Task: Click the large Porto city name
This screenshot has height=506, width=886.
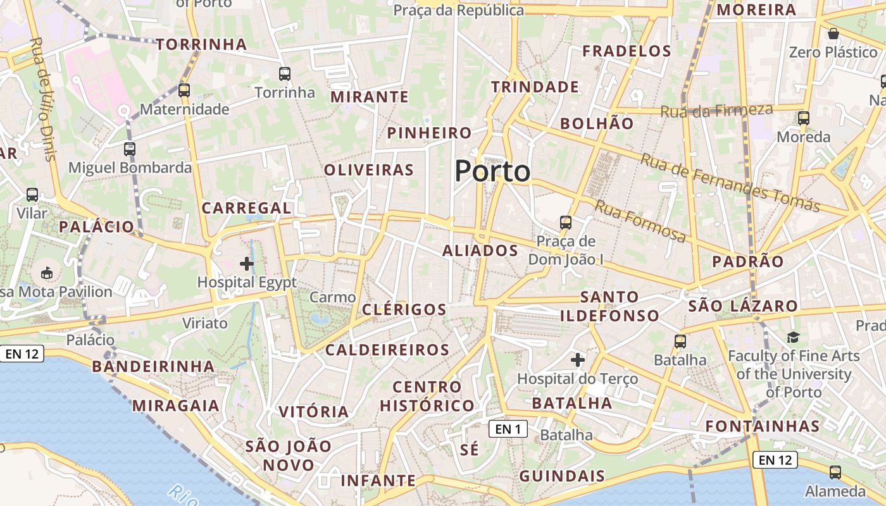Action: [492, 171]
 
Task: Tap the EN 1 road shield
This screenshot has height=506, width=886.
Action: [508, 429]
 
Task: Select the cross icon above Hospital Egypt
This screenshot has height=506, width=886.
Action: [247, 263]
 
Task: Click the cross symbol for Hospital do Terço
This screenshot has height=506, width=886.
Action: [577, 360]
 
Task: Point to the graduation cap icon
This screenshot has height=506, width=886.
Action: [793, 337]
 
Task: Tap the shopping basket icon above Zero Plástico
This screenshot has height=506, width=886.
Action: [833, 33]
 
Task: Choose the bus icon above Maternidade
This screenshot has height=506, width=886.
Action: [184, 90]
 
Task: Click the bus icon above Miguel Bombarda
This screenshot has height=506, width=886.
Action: [130, 149]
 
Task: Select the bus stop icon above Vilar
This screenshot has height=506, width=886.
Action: [32, 194]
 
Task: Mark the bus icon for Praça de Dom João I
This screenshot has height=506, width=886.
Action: [566, 222]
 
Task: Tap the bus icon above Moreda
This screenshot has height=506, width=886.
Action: [803, 118]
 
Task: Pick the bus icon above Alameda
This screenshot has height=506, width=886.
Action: [835, 472]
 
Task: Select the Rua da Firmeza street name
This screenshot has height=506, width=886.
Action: [716, 111]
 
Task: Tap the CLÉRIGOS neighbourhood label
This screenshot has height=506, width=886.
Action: [404, 309]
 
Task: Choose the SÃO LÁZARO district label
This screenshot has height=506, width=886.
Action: [743, 306]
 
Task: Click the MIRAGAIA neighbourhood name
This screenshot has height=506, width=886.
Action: [176, 405]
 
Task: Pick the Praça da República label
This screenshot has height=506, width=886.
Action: [459, 10]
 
